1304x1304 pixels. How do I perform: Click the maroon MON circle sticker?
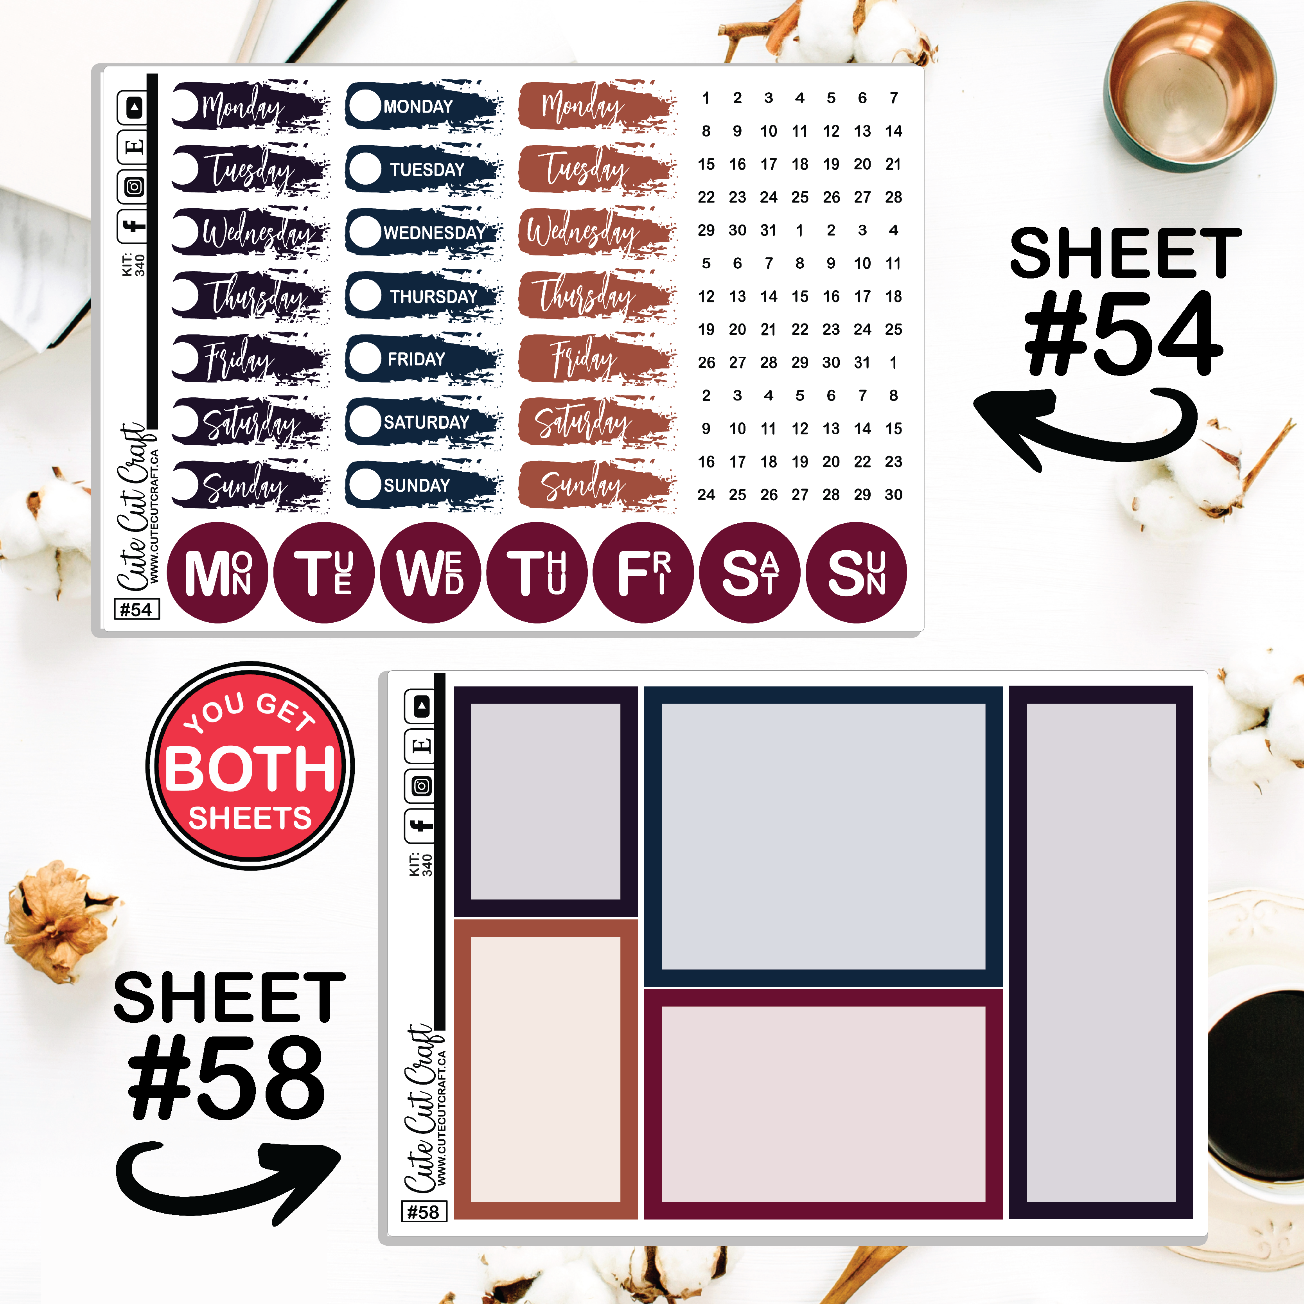tap(217, 572)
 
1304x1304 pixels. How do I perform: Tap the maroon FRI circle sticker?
tap(644, 572)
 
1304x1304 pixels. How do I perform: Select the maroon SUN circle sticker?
tap(857, 572)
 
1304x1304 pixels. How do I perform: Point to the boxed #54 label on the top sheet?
tap(137, 609)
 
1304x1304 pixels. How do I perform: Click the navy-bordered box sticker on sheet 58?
tap(823, 837)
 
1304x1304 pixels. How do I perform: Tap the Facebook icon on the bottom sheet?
tap(420, 825)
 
